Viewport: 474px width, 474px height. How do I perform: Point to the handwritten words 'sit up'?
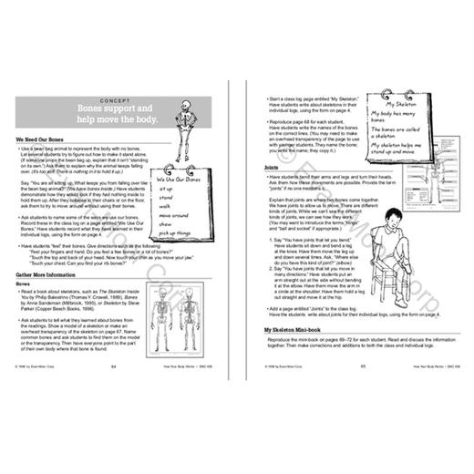pyautogui.click(x=176, y=194)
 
